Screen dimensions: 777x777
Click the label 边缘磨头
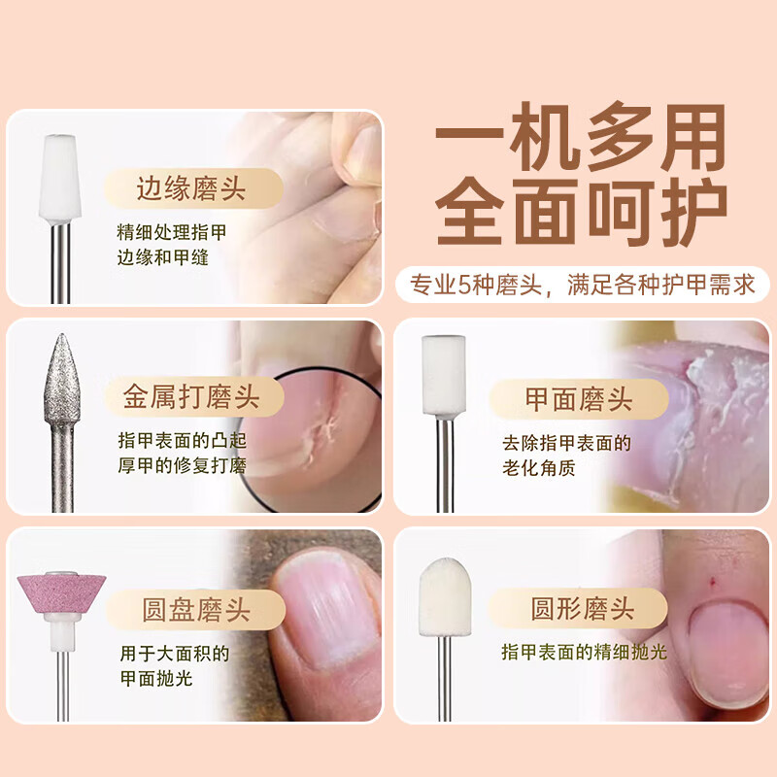(192, 188)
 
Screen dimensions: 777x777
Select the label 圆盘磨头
(195, 610)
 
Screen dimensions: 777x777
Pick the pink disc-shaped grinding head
(61, 593)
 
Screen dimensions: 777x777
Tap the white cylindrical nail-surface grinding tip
(444, 374)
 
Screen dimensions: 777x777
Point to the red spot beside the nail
(712, 584)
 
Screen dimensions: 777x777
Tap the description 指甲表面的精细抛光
(584, 653)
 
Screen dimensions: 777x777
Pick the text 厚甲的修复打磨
(182, 466)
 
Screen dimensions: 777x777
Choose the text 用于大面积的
(175, 653)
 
